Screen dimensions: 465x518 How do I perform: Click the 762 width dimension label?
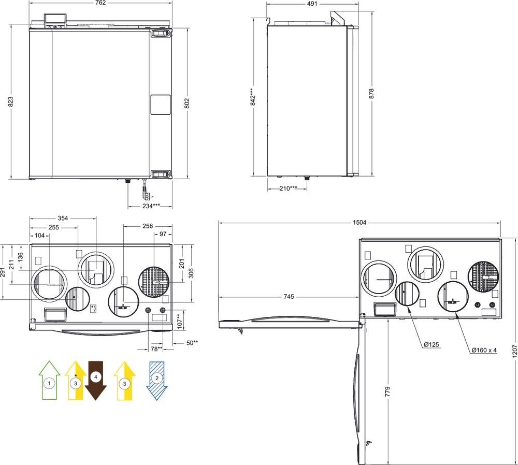[x=100, y=3]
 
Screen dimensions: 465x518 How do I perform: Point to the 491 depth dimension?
[x=312, y=3]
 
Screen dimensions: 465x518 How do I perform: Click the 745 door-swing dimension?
[x=289, y=297]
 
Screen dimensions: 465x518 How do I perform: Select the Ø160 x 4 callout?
[x=484, y=350]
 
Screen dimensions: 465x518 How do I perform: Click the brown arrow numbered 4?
[x=96, y=380]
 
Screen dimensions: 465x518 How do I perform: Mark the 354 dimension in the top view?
[x=62, y=219]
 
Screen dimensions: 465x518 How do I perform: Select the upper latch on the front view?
[x=160, y=33]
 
